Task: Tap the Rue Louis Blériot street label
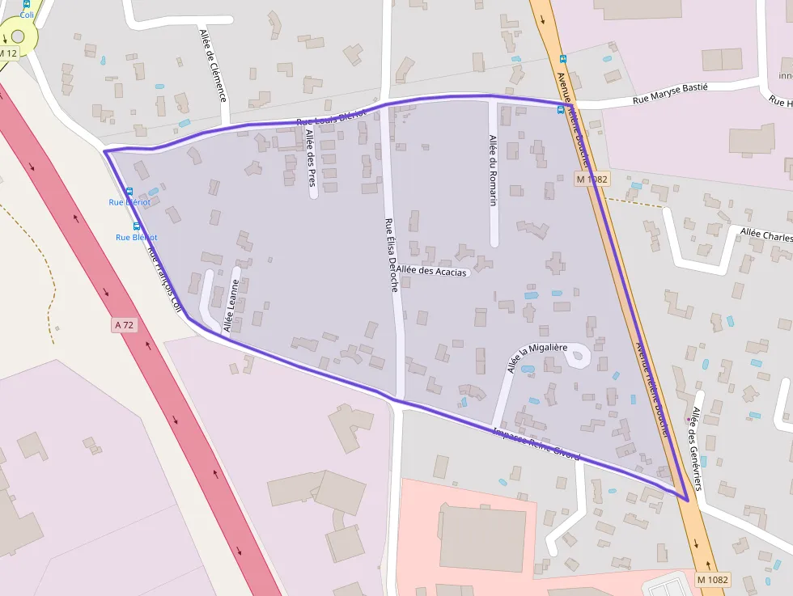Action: click(x=331, y=118)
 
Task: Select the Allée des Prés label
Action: click(x=310, y=162)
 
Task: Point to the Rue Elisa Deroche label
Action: click(x=392, y=255)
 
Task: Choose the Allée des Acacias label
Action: click(x=431, y=272)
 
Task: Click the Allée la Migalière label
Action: click(x=537, y=357)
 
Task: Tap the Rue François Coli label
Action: click(x=163, y=278)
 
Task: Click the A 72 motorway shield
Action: click(x=124, y=325)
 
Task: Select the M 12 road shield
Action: click(x=7, y=53)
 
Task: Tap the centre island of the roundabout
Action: click(x=17, y=36)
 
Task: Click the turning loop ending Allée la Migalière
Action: click(x=580, y=358)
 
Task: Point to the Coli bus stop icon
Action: click(x=27, y=4)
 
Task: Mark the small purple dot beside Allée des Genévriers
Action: click(x=689, y=420)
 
